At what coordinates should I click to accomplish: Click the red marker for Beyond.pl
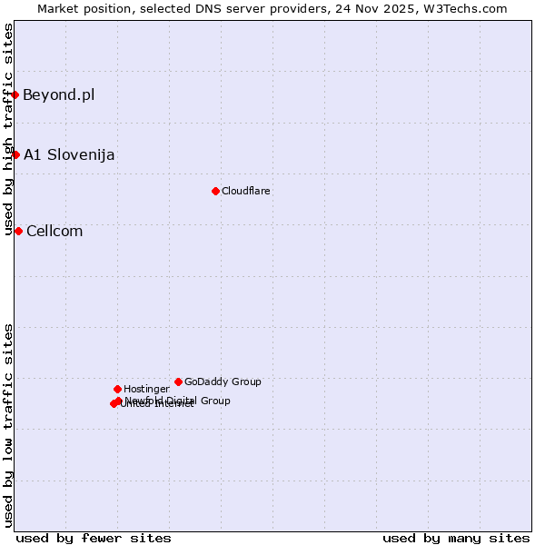point(15,94)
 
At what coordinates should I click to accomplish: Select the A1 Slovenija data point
point(15,154)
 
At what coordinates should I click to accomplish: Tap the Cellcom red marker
point(18,231)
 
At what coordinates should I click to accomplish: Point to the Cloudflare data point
point(215,191)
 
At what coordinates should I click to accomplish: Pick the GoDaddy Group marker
point(178,381)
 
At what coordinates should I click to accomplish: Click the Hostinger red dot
point(117,389)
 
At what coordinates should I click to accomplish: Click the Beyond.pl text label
point(58,94)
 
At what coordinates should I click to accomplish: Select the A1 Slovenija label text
point(69,154)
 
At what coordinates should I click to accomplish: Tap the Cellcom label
point(54,231)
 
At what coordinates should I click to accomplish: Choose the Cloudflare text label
point(246,191)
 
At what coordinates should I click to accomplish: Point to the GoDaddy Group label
point(223,381)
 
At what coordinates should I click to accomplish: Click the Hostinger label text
point(146,389)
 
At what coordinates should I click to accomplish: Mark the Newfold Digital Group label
point(178,401)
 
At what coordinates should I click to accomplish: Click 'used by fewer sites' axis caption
point(94,538)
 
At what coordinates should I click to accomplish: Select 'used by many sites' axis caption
point(456,538)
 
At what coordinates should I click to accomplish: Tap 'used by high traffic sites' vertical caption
point(8,129)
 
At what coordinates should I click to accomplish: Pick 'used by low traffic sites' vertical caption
point(8,425)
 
